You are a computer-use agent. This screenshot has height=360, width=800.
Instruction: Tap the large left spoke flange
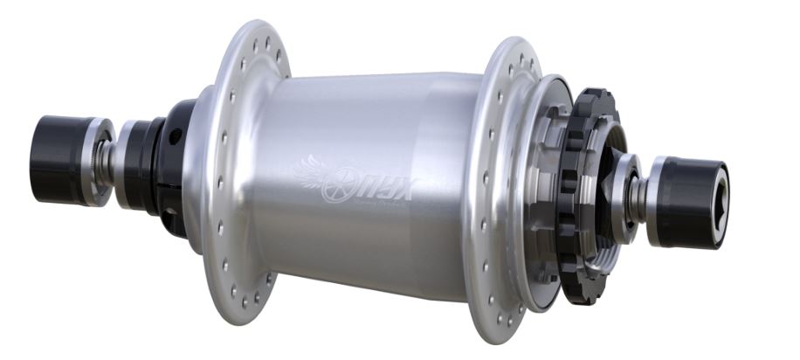pyautogui.click(x=229, y=175)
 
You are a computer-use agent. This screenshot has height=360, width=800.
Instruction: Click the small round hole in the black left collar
pyautogui.click(x=176, y=135)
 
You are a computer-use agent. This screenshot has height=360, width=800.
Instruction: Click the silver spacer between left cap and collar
pyautogui.click(x=128, y=164)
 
